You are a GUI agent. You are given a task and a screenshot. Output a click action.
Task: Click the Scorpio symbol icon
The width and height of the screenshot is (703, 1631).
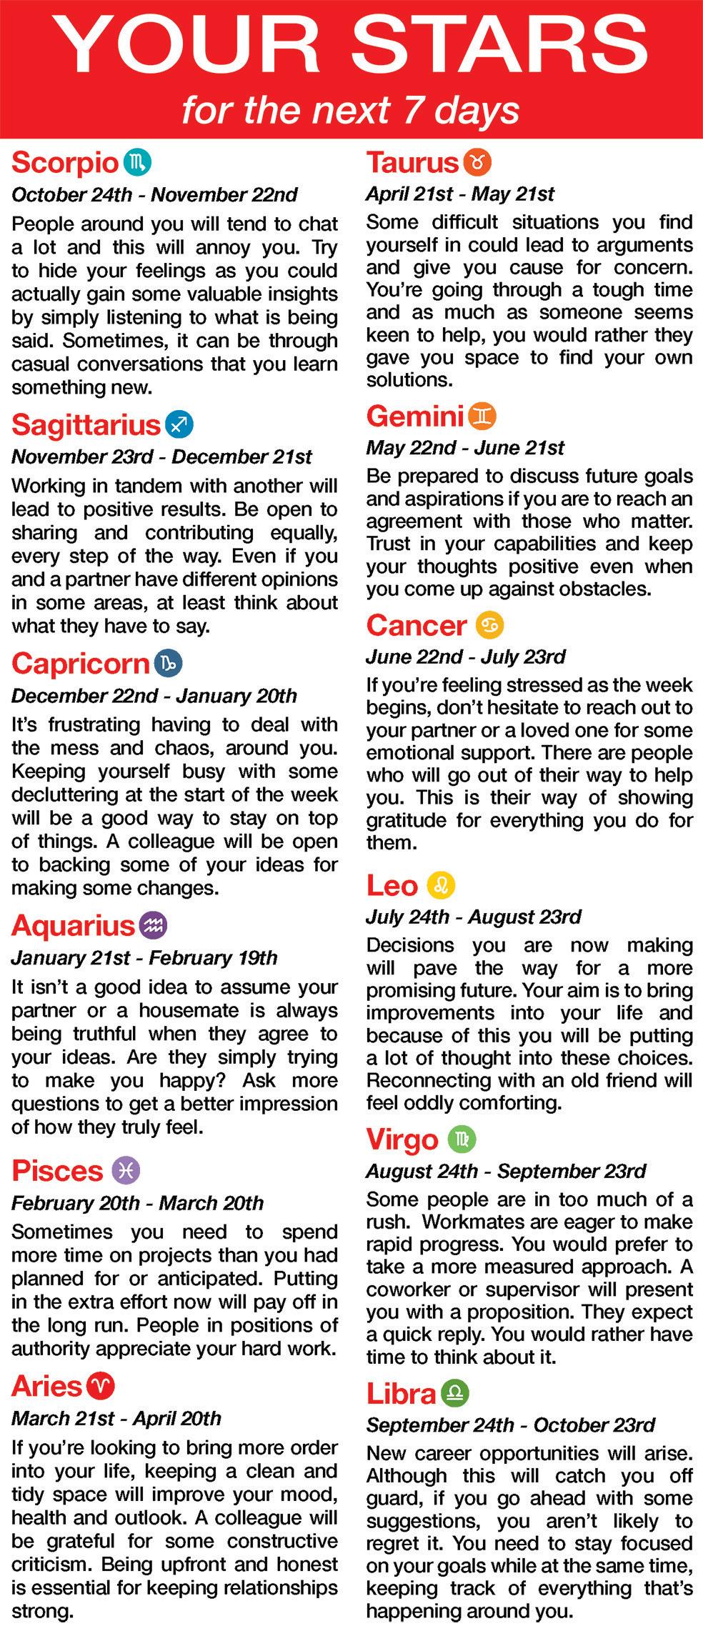[137, 163]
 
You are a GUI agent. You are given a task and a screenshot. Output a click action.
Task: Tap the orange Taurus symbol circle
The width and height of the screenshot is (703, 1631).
[477, 162]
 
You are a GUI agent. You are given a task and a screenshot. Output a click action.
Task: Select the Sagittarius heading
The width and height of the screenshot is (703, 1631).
[86, 425]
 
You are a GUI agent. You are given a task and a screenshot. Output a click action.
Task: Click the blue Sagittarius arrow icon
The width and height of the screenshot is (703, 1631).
[179, 425]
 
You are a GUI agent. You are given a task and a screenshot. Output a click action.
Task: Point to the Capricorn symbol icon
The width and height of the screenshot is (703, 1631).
[168, 664]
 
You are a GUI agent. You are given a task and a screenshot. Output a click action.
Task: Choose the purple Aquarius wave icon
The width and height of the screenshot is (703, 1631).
[154, 926]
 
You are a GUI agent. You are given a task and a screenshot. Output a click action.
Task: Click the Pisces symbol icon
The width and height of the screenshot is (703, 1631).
[126, 1171]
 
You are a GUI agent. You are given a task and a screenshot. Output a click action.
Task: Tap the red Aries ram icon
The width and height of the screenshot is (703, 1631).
[101, 1387]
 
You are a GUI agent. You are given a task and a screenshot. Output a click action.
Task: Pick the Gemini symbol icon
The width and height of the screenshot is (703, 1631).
[482, 416]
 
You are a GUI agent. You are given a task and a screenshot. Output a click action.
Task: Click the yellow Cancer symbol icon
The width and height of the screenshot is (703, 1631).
[489, 625]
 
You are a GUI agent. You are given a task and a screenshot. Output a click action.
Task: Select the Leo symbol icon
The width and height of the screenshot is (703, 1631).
[441, 886]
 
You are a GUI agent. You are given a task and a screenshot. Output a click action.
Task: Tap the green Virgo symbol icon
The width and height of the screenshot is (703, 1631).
[462, 1139]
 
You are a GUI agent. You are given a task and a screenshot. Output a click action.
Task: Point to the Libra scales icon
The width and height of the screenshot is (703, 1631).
[455, 1393]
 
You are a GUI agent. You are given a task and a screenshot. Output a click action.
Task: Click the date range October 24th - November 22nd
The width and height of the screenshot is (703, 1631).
[154, 194]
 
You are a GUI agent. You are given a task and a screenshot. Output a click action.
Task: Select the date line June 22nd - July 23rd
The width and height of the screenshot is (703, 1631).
[465, 657]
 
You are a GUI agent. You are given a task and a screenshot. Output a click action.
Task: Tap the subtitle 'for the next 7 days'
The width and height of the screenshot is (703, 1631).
[350, 110]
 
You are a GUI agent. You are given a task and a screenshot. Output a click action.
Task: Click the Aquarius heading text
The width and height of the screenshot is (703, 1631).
[73, 926]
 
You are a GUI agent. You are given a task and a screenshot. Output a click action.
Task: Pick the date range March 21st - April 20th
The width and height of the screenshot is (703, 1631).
[116, 1418]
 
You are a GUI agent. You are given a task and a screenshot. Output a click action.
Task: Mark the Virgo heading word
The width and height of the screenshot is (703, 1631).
[402, 1139]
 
